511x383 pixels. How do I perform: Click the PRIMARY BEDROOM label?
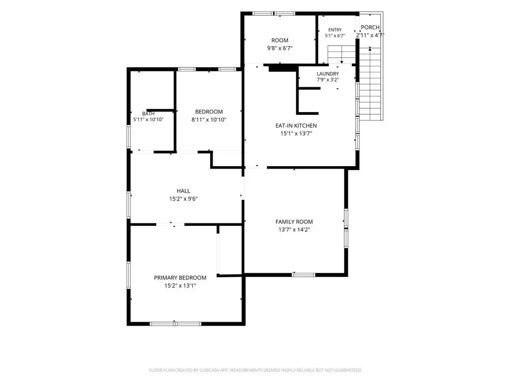[180, 278]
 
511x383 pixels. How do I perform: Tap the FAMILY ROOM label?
[294, 222]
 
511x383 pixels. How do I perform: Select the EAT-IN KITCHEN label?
[296, 126]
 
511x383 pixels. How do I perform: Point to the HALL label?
[183, 191]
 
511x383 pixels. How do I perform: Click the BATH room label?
[148, 114]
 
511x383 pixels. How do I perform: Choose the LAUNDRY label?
[328, 74]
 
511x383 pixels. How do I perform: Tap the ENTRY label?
[335, 29]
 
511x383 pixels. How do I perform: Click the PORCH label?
[370, 27]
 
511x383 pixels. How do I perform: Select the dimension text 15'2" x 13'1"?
[180, 286]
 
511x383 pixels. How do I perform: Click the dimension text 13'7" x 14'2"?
[294, 229]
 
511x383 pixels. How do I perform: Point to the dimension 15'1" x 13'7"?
[296, 134]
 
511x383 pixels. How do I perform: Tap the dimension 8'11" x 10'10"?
[209, 120]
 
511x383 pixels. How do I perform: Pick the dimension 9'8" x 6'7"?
[279, 48]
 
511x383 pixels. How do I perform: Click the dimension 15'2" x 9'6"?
[183, 199]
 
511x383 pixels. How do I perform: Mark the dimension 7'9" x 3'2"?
[328, 80]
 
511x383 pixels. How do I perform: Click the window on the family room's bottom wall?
[303, 275]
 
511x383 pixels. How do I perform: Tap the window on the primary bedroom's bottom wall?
[175, 324]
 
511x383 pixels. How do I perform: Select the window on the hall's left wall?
[129, 205]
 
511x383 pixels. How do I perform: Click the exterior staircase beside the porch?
[370, 84]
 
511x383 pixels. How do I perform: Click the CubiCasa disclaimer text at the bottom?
[255, 371]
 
